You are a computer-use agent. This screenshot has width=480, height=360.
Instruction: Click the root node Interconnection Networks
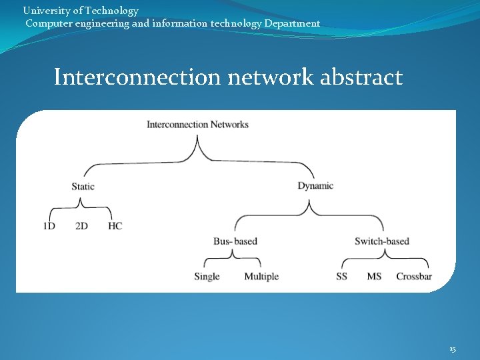point(197,125)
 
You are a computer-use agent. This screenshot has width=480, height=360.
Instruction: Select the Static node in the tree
point(83,187)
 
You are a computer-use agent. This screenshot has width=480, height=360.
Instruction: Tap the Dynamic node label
point(315,186)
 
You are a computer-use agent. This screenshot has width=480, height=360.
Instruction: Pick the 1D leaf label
point(49,226)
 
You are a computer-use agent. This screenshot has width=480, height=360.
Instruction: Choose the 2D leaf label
point(81,226)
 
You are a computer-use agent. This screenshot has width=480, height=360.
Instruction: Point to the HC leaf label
point(115,226)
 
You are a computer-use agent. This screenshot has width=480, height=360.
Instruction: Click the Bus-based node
point(235,241)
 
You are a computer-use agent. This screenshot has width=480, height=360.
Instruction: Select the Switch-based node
point(381,241)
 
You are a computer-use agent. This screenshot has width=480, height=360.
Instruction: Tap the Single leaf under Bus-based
point(207,277)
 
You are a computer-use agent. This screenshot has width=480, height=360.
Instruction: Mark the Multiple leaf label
point(261,277)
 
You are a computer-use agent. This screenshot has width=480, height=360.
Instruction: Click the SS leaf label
point(341,277)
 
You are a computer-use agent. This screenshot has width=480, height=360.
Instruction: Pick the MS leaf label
point(374,277)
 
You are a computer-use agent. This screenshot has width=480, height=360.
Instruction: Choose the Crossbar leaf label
point(414,277)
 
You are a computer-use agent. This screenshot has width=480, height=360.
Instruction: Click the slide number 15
point(453,349)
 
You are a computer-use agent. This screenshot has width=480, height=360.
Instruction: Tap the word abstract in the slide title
point(361,77)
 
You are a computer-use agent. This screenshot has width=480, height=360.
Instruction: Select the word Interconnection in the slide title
point(137,77)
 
